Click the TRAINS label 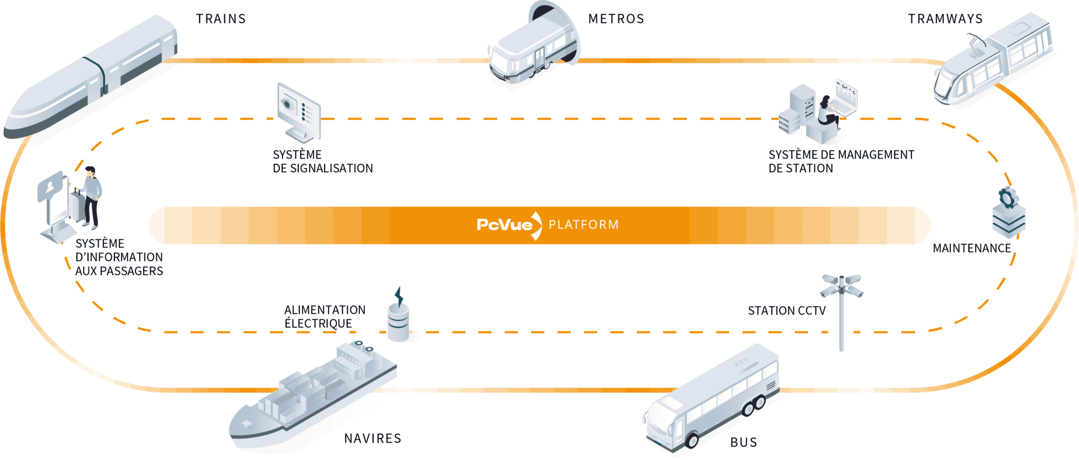point(221,19)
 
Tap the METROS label point(616,19)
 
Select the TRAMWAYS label point(945,19)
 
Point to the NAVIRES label point(372,438)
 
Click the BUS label point(743,443)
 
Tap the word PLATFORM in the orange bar point(584,225)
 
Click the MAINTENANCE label point(972,248)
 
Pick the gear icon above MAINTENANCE point(1006,198)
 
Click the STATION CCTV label point(787,311)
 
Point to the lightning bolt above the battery point(399,296)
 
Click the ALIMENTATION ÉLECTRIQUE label point(325,317)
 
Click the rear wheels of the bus point(753,406)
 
